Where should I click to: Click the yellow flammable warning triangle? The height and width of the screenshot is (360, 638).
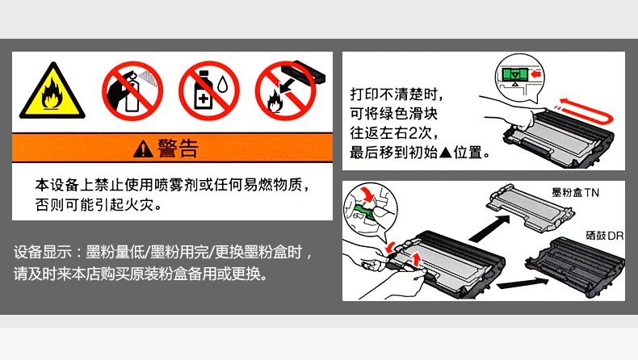click(x=52, y=91)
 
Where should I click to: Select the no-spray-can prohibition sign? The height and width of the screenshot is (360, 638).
click(x=132, y=90)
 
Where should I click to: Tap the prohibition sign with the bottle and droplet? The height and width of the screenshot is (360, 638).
click(x=209, y=90)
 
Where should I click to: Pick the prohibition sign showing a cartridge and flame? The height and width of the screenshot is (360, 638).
click(x=286, y=90)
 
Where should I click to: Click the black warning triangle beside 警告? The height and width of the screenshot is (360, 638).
click(x=143, y=149)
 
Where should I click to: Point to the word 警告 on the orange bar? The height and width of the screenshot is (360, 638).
click(x=178, y=148)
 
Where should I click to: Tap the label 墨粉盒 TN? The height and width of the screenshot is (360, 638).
click(x=575, y=192)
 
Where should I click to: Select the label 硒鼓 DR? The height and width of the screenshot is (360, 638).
click(x=604, y=236)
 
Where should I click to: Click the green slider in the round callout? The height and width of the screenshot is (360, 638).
click(x=515, y=74)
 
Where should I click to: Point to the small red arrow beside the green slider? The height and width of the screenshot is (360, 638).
click(x=536, y=74)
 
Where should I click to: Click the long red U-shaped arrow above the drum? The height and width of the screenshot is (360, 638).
click(x=608, y=113)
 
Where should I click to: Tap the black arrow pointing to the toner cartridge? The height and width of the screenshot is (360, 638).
click(x=489, y=228)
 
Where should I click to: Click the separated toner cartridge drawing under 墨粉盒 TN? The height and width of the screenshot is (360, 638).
click(x=530, y=207)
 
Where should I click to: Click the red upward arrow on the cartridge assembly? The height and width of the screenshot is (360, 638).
click(x=416, y=260)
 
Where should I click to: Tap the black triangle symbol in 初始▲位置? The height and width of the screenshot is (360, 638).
click(x=446, y=153)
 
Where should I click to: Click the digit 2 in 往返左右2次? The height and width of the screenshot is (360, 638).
click(x=413, y=133)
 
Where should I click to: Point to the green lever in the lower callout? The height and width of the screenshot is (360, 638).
click(x=363, y=212)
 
